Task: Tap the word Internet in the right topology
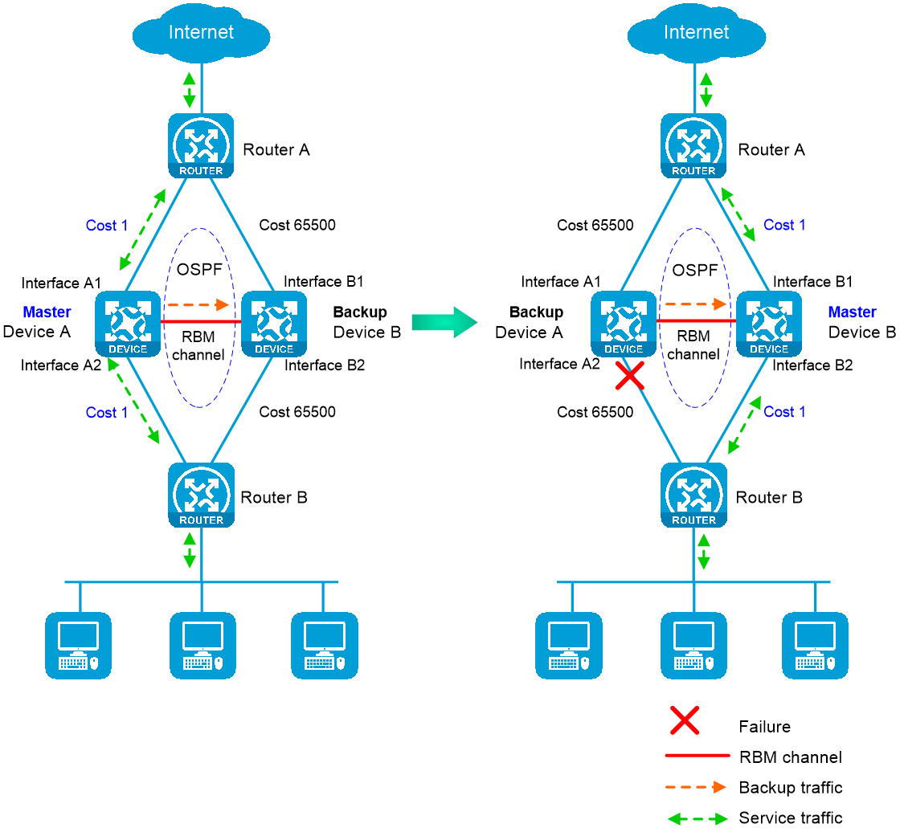click(696, 32)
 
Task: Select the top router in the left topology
click(201, 145)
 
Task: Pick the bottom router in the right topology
click(693, 495)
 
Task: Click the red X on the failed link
click(630, 375)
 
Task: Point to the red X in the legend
click(685, 720)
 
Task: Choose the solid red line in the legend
click(697, 755)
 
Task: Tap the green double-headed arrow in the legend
click(697, 819)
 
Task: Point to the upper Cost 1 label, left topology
click(107, 226)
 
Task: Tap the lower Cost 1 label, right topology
click(785, 412)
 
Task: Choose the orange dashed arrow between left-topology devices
click(198, 305)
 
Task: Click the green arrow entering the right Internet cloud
click(706, 92)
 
